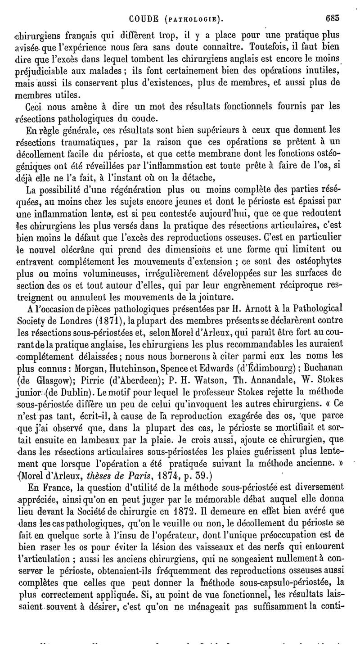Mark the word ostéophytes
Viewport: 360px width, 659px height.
tap(327, 261)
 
